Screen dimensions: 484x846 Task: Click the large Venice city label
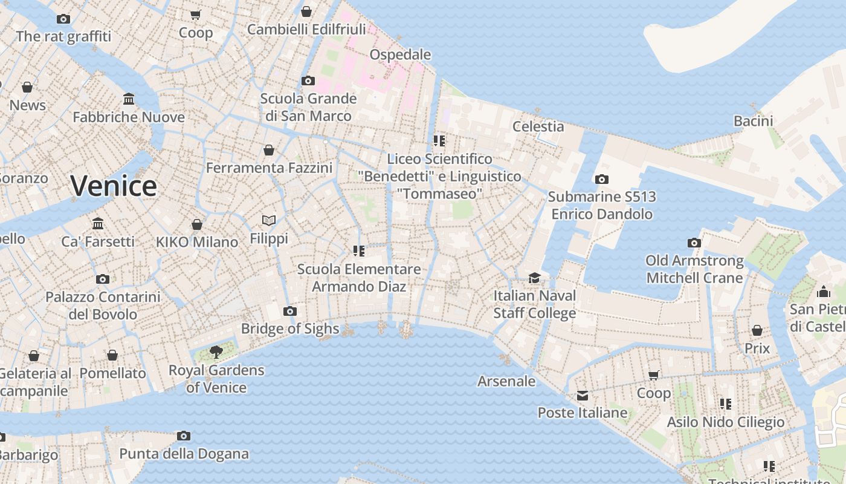coord(114,186)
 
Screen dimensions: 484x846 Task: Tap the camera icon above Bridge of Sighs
coord(290,312)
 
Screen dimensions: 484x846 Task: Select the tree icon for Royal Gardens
coord(216,352)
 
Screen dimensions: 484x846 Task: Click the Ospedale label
coord(400,54)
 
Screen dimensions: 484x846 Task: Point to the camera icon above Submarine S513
coord(601,180)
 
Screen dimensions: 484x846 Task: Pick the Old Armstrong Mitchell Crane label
coord(694,269)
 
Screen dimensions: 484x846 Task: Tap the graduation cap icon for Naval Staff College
coord(534,278)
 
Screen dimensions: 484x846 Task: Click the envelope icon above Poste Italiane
coord(582,396)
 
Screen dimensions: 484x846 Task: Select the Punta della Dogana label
coord(184,454)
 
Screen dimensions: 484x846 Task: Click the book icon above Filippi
coord(269,221)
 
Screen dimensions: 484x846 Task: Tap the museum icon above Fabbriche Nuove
coord(129,99)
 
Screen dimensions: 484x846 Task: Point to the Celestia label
coord(538,126)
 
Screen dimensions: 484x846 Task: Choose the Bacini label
coord(753,121)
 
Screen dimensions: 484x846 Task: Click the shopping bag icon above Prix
coord(757,330)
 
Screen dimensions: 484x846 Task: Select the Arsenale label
coord(506,381)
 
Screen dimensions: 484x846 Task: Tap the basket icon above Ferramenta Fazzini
coord(269,150)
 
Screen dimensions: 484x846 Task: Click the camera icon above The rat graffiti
coord(63,19)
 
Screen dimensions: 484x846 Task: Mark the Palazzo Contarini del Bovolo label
coord(103,306)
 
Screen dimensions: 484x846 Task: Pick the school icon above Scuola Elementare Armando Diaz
coord(359,250)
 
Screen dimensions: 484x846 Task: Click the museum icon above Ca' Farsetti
coord(98,224)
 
